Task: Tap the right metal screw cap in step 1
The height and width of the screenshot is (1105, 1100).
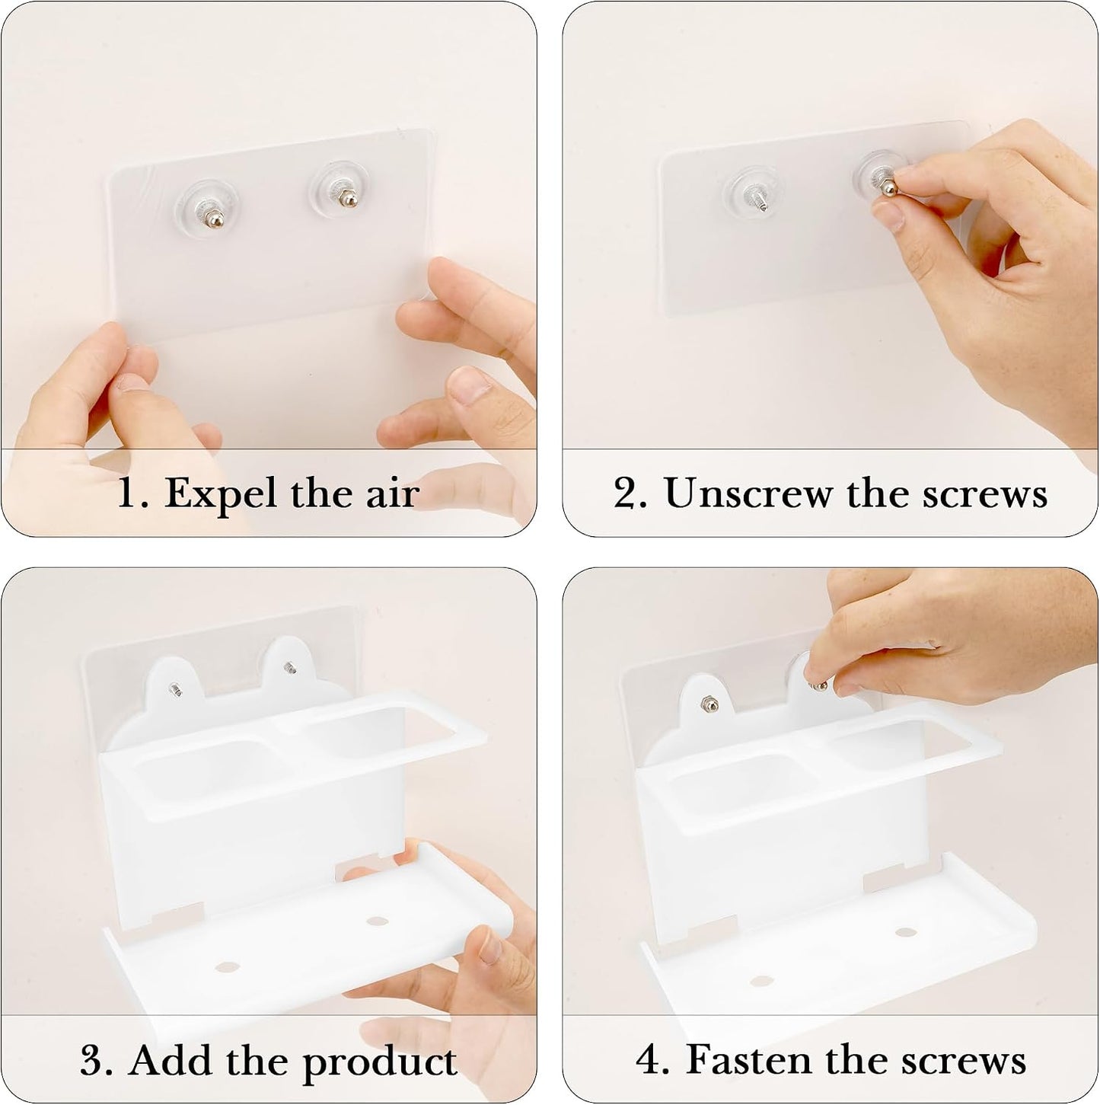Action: point(346,199)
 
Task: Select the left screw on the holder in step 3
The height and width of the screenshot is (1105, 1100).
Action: point(175,689)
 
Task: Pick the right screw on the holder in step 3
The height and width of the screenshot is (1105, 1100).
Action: point(290,667)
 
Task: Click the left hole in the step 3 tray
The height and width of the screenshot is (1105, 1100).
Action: point(227,967)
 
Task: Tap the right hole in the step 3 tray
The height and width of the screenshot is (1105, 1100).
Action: point(377,921)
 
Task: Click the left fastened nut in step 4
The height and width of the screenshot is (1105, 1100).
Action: point(707,703)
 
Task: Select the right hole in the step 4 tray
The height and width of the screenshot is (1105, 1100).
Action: point(905,932)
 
